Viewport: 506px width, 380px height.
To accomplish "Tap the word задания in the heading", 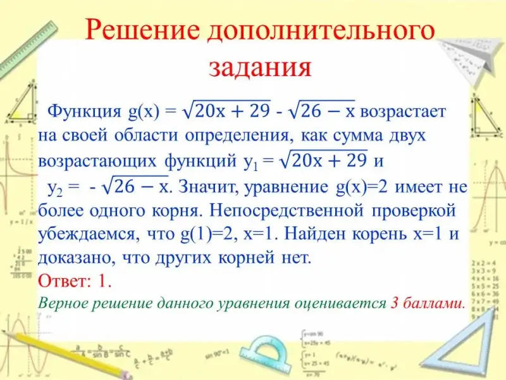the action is click(260, 67).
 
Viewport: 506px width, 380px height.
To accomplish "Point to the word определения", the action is click(237, 136).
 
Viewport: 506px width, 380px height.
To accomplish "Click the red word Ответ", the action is click(61, 281).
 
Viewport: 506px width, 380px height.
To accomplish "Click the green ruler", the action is click(28, 49).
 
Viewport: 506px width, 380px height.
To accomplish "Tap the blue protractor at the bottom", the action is click(268, 354).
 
